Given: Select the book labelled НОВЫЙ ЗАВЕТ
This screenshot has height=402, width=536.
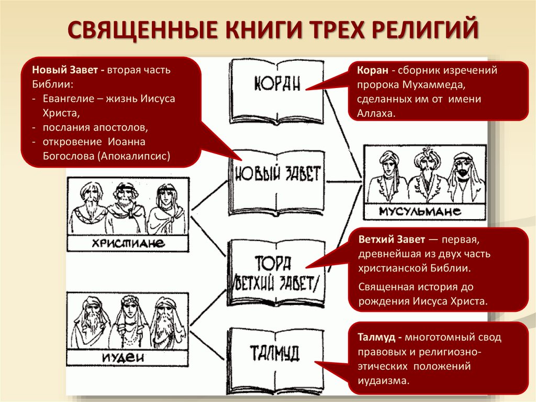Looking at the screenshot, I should (x=277, y=178).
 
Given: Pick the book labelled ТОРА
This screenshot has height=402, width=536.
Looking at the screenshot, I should (x=277, y=270).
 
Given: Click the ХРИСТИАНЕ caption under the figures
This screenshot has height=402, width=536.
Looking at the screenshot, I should (x=128, y=243).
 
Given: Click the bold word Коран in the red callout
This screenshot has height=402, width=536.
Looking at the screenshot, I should (x=372, y=70).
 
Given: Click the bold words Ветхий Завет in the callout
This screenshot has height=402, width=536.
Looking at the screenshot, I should (x=391, y=240).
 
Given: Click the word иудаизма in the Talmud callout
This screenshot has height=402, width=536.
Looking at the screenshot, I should (x=383, y=381).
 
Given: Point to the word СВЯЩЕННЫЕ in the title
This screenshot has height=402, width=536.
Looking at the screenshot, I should (x=139, y=30).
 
